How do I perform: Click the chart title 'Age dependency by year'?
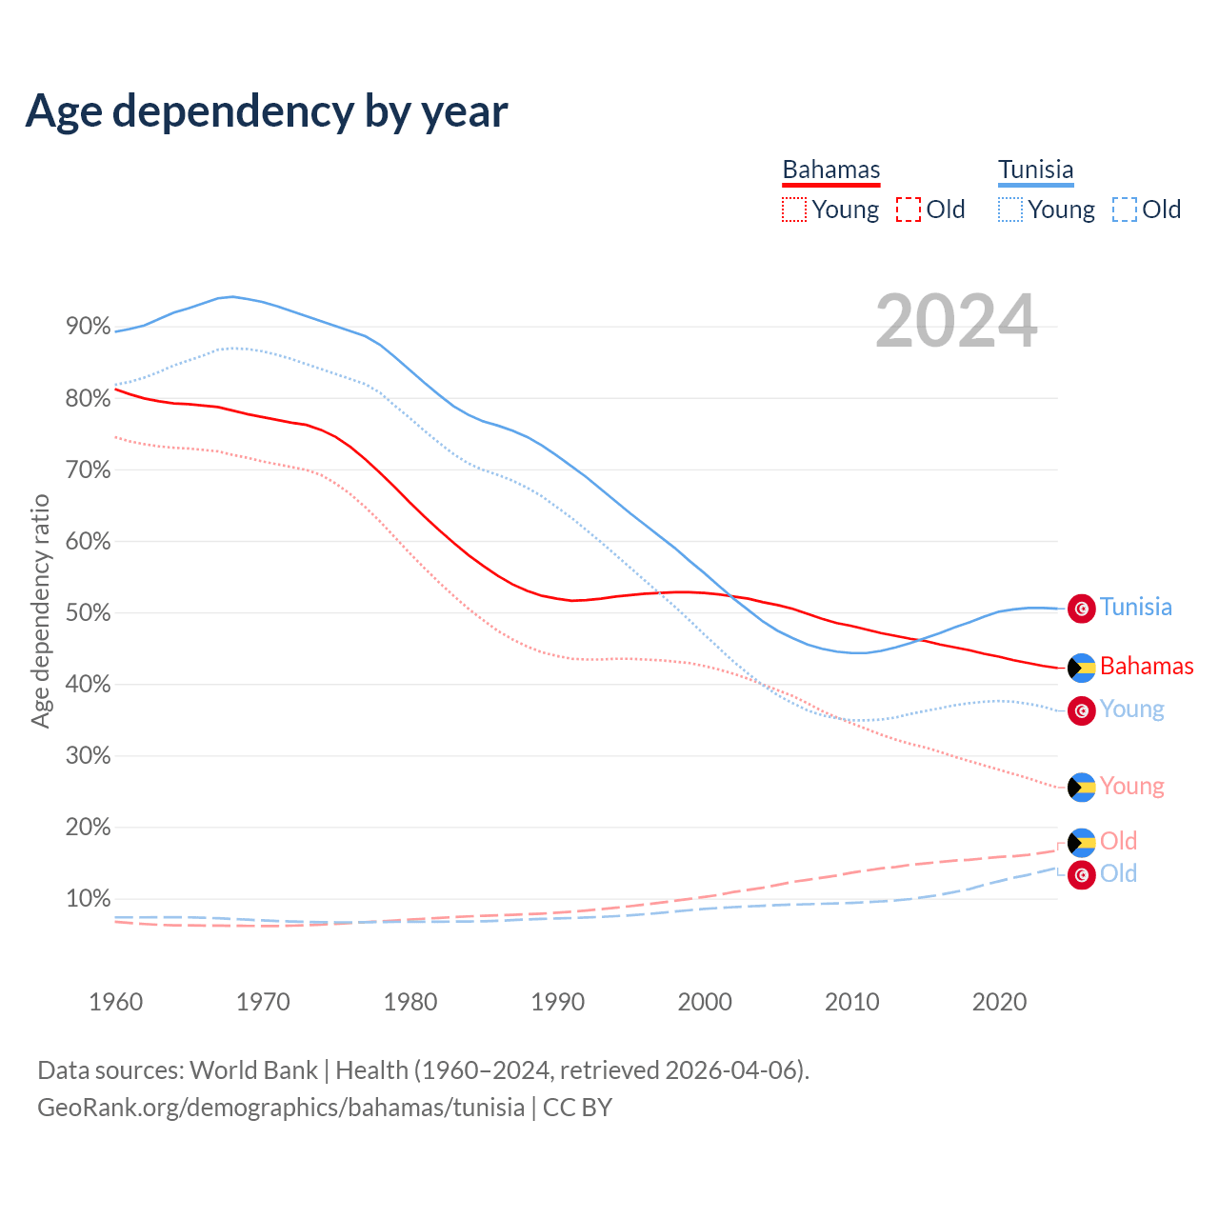[267, 110]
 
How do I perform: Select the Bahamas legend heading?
[831, 170]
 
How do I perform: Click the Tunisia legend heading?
[1035, 170]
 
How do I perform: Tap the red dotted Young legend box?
[793, 210]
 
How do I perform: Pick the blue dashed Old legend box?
[1124, 210]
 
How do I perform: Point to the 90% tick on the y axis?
[89, 327]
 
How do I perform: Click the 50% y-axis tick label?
[89, 612]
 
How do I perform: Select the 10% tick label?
[89, 898]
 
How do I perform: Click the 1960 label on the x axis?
[115, 1002]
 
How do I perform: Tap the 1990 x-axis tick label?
[557, 1002]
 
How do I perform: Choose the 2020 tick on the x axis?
[999, 1002]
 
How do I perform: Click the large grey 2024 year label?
[956, 322]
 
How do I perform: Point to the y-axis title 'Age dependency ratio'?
[40, 610]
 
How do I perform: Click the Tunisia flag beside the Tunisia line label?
[1081, 608]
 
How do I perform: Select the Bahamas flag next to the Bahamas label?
[1081, 667]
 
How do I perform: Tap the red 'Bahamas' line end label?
[1147, 666]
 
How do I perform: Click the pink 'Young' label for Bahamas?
[1131, 786]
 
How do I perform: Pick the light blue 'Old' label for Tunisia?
[1118, 873]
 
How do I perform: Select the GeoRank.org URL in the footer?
[281, 1108]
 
